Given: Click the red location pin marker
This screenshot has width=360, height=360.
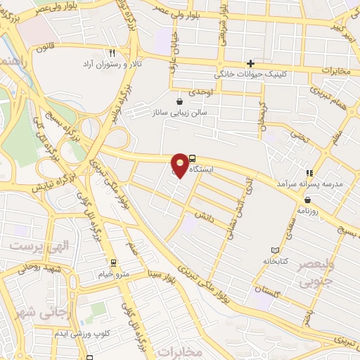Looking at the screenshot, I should [180, 165].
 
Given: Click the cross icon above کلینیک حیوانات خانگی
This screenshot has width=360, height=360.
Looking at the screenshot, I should [250, 63].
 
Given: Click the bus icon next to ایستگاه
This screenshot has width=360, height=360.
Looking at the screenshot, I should [192, 160].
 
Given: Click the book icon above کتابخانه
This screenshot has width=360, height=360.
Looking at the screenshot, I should [275, 250].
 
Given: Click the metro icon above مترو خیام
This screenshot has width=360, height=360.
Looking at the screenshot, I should [128, 263].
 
